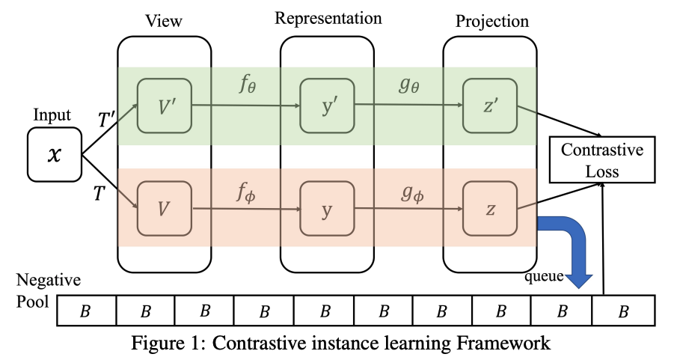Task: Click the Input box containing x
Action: (55, 154)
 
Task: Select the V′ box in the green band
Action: (165, 106)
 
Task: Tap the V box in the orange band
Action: (165, 209)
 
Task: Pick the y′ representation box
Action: (327, 106)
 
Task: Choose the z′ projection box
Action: (490, 106)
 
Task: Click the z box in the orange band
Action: (490, 209)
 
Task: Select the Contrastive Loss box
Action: (602, 160)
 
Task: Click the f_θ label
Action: (248, 85)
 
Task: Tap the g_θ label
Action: (408, 85)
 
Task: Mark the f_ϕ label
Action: (246, 192)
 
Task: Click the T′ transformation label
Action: (107, 119)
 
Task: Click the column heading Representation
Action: (328, 19)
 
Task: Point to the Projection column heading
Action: (492, 22)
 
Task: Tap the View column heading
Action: (163, 21)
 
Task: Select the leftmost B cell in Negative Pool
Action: (86, 311)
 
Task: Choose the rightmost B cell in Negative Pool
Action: (624, 311)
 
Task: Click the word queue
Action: (544, 277)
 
